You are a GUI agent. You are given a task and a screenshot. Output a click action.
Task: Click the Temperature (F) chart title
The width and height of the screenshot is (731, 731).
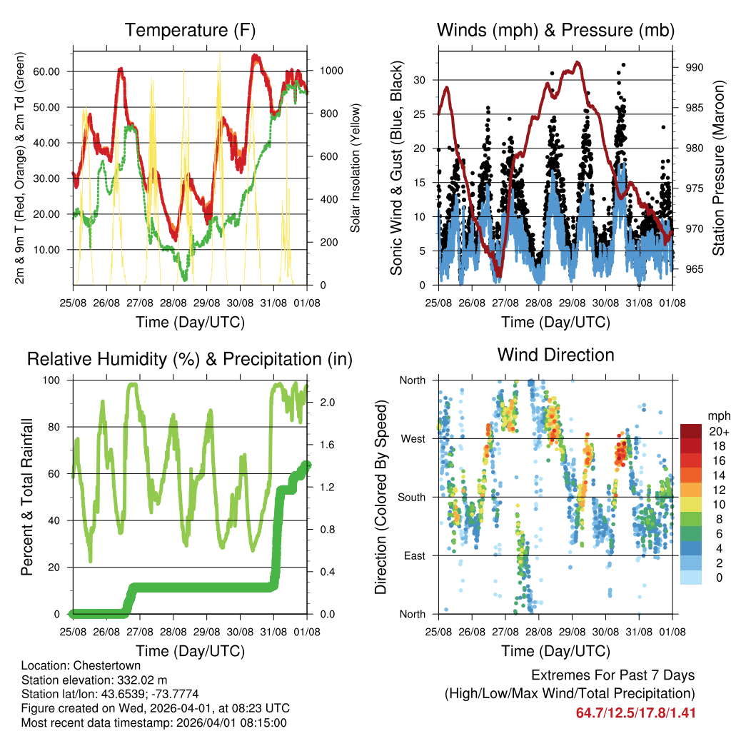pyautogui.click(x=190, y=30)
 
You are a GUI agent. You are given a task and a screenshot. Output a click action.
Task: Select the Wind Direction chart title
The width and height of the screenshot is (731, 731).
pyautogui.click(x=555, y=355)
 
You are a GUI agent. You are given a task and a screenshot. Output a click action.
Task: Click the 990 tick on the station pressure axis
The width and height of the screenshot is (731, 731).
pyautogui.click(x=695, y=67)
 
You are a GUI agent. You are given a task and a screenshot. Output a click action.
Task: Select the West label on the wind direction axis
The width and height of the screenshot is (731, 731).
pyautogui.click(x=413, y=438)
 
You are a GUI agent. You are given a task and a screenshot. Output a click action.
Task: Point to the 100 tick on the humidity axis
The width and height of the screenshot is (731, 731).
pyautogui.click(x=56, y=380)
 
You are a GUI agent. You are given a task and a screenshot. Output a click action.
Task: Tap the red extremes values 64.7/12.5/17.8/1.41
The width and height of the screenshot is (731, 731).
pyautogui.click(x=635, y=713)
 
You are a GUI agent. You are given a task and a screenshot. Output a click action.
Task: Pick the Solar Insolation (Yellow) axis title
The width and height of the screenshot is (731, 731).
pyautogui.click(x=355, y=167)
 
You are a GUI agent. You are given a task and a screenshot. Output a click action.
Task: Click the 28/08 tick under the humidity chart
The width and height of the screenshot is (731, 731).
pyautogui.click(x=173, y=631)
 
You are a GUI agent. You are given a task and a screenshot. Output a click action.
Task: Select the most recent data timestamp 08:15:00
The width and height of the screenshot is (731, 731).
pyautogui.click(x=262, y=722)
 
